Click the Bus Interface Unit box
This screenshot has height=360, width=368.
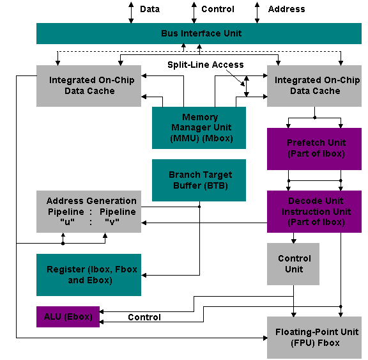(199, 33)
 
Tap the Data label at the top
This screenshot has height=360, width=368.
(149, 9)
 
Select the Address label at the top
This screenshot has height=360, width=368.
(287, 9)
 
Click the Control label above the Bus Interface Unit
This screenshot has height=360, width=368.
(218, 9)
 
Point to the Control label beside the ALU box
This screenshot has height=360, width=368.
(144, 317)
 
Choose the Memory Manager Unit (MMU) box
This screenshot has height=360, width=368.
(199, 128)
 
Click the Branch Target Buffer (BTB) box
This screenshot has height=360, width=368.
(199, 180)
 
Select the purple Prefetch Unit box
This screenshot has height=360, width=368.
(314, 148)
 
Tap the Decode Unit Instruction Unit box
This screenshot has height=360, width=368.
(314, 212)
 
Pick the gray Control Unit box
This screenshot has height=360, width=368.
(293, 264)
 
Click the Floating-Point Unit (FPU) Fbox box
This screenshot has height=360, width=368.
(314, 338)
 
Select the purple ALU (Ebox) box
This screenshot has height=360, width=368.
(68, 317)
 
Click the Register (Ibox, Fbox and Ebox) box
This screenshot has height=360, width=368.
(89, 275)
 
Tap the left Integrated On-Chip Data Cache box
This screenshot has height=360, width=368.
(89, 86)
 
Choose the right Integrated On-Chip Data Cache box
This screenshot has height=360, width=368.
(314, 86)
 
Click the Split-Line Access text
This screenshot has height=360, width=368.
(206, 65)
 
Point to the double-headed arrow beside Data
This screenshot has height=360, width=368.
(131, 13)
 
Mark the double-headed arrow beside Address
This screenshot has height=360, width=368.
(257, 13)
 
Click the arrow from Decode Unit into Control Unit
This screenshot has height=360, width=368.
(293, 238)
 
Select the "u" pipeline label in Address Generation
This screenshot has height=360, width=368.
(67, 221)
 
